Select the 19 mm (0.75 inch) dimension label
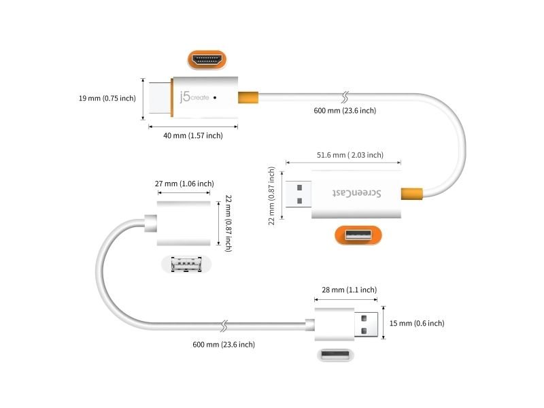(107, 98)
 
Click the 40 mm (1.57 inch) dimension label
(193, 135)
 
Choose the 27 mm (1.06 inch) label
(184, 183)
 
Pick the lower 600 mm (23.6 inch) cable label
(224, 345)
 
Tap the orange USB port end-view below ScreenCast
(358, 236)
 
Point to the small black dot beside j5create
(216, 98)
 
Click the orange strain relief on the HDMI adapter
(249, 98)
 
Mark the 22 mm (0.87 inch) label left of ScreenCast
(273, 195)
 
